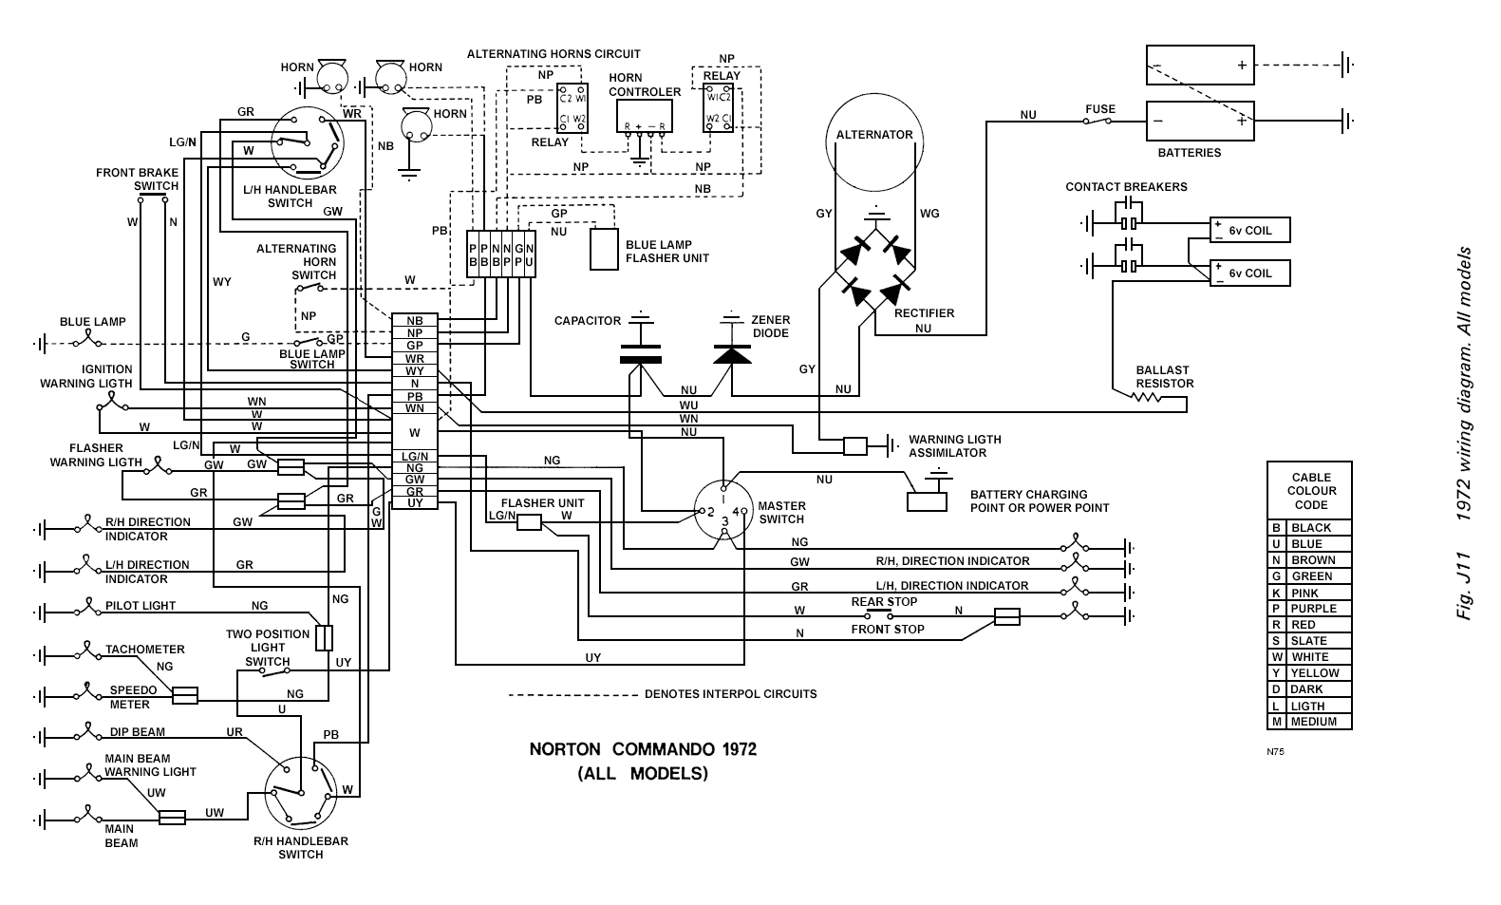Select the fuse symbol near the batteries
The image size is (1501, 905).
[x=1100, y=122]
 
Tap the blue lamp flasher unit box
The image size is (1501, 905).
[x=604, y=250]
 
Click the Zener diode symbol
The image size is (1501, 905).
[x=731, y=354]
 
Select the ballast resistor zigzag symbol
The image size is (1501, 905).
[x=1147, y=397]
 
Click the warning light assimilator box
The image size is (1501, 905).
[x=854, y=444]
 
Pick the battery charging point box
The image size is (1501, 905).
[x=928, y=500]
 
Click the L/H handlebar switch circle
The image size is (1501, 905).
[x=306, y=142]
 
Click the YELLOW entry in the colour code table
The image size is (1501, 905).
[x=1314, y=673]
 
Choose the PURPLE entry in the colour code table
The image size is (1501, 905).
[x=1313, y=609]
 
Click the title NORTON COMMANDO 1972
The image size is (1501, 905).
[x=643, y=749]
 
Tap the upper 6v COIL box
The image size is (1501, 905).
[x=1249, y=231]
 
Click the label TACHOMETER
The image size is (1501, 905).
[x=144, y=650]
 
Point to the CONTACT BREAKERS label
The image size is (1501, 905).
[x=1126, y=187]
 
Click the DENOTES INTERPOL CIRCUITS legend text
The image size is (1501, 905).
[x=730, y=694]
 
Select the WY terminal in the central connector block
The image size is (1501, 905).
[x=415, y=371]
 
